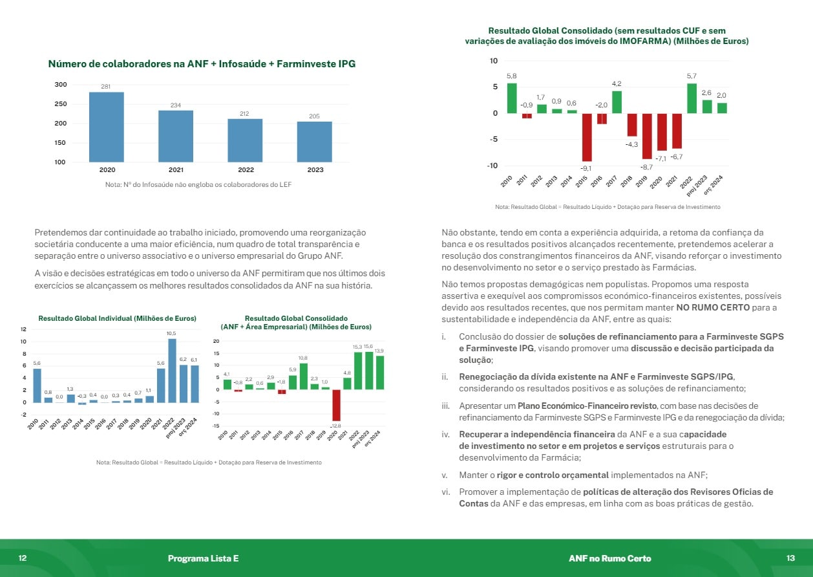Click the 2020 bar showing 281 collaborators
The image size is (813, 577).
tap(107, 127)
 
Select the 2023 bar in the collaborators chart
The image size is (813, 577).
tap(315, 142)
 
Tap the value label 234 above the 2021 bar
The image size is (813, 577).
tap(176, 105)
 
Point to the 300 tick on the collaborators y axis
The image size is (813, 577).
tap(60, 85)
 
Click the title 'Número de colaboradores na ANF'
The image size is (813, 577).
tap(202, 64)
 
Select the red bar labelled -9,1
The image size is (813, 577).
tap(587, 137)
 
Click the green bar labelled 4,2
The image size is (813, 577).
tap(617, 102)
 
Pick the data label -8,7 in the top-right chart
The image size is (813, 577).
tap(647, 167)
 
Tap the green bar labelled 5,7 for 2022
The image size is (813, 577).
tap(692, 98)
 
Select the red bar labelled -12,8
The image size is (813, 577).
tap(336, 405)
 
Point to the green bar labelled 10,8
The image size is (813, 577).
tap(303, 376)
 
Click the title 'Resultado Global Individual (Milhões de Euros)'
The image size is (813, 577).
tap(117, 318)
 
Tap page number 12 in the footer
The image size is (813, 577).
tap(23, 558)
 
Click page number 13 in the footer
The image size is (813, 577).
tap(790, 558)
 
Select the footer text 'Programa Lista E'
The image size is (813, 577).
tap(203, 558)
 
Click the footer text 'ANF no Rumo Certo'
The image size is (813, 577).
tap(609, 558)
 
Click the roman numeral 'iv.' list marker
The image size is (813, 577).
tap(446, 434)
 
